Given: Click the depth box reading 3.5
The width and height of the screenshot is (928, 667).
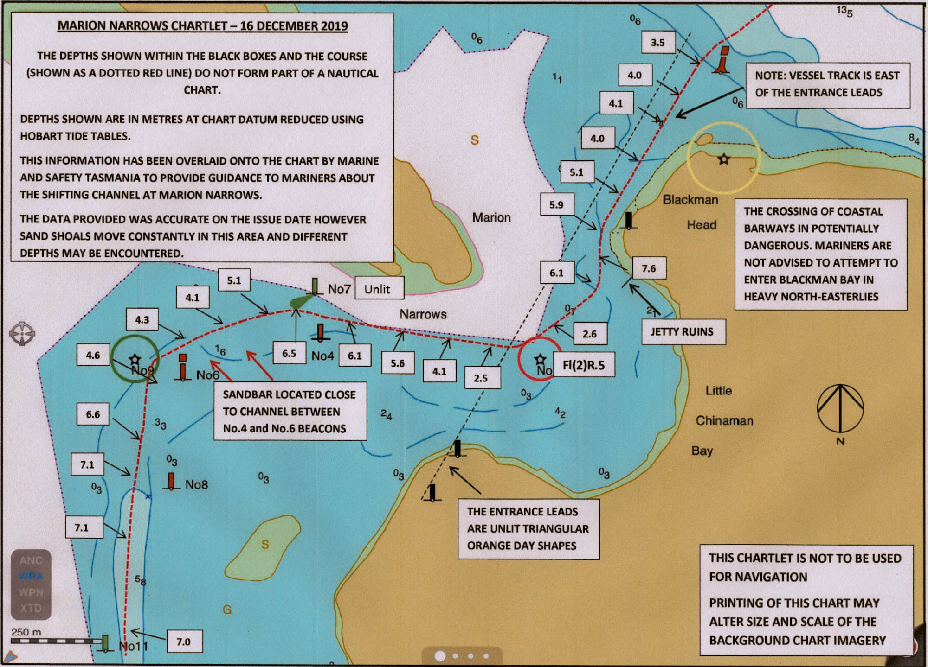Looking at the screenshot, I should click(x=657, y=43).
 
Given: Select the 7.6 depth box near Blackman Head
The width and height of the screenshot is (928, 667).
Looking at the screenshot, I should click(x=649, y=268).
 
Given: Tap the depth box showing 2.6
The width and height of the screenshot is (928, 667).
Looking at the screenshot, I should click(x=589, y=334).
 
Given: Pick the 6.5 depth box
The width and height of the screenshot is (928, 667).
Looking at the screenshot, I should click(x=289, y=353).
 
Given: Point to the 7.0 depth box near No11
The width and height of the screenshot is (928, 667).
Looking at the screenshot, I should click(x=184, y=642).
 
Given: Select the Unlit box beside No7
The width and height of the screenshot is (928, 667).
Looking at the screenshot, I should click(x=378, y=289).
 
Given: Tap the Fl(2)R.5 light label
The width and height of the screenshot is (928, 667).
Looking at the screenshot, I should click(x=584, y=365).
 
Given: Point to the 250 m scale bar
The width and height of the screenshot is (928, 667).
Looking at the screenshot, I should click(x=56, y=641).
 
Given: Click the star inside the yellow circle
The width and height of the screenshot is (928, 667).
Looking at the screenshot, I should click(x=723, y=159).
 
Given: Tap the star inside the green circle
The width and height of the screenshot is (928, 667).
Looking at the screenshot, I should click(x=135, y=359).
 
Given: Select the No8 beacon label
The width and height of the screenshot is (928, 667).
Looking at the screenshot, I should click(x=196, y=484).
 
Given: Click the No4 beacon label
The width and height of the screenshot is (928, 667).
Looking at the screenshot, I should click(x=322, y=356).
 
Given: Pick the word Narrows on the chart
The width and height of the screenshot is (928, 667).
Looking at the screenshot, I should click(x=423, y=314).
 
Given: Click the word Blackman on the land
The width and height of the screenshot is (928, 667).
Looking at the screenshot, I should click(x=690, y=200).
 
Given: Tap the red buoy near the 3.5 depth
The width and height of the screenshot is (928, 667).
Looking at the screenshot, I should click(x=722, y=60).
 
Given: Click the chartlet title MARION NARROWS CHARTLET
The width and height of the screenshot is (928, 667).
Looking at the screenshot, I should click(x=203, y=26).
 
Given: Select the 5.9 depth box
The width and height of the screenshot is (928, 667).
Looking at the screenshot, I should click(x=556, y=205).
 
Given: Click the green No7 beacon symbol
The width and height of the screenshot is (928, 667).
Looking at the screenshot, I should click(x=314, y=287).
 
